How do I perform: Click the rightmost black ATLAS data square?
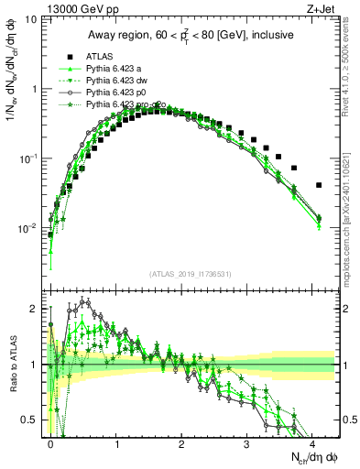click(x=318, y=185)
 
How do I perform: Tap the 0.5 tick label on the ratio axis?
click(x=30, y=420)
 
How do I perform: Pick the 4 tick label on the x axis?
click(x=312, y=442)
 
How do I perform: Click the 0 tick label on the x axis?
click(x=50, y=442)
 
